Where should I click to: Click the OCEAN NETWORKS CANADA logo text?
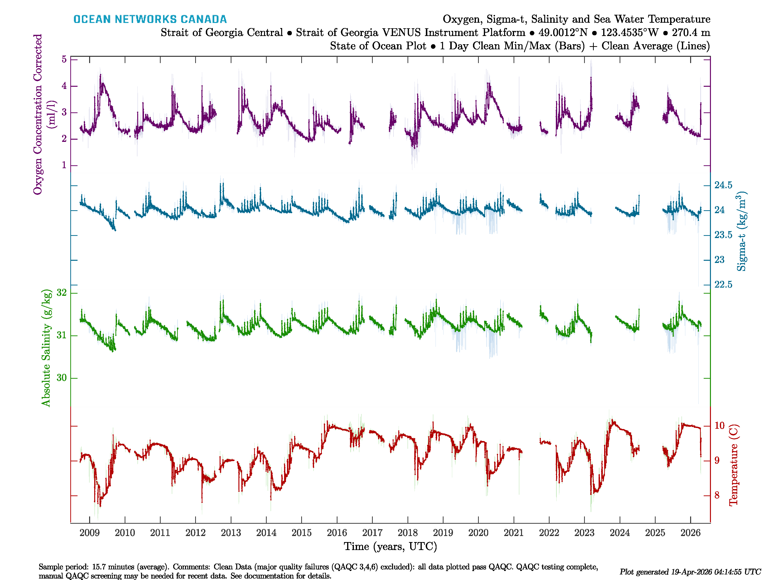(150, 19)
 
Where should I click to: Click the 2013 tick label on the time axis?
(231, 533)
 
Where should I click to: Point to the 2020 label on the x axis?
(478, 533)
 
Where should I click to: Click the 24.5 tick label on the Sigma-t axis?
(723, 185)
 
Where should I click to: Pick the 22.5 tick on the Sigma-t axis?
(723, 285)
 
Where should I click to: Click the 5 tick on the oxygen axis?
(64, 59)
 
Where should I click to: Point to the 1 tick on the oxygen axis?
(64, 165)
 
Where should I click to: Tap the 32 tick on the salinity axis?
(62, 293)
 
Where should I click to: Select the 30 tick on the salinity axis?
(62, 378)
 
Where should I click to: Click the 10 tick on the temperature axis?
(720, 426)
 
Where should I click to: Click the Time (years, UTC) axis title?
(390, 546)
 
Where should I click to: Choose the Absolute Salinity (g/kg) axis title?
(46, 348)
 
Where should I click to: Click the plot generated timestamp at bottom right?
(690, 572)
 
